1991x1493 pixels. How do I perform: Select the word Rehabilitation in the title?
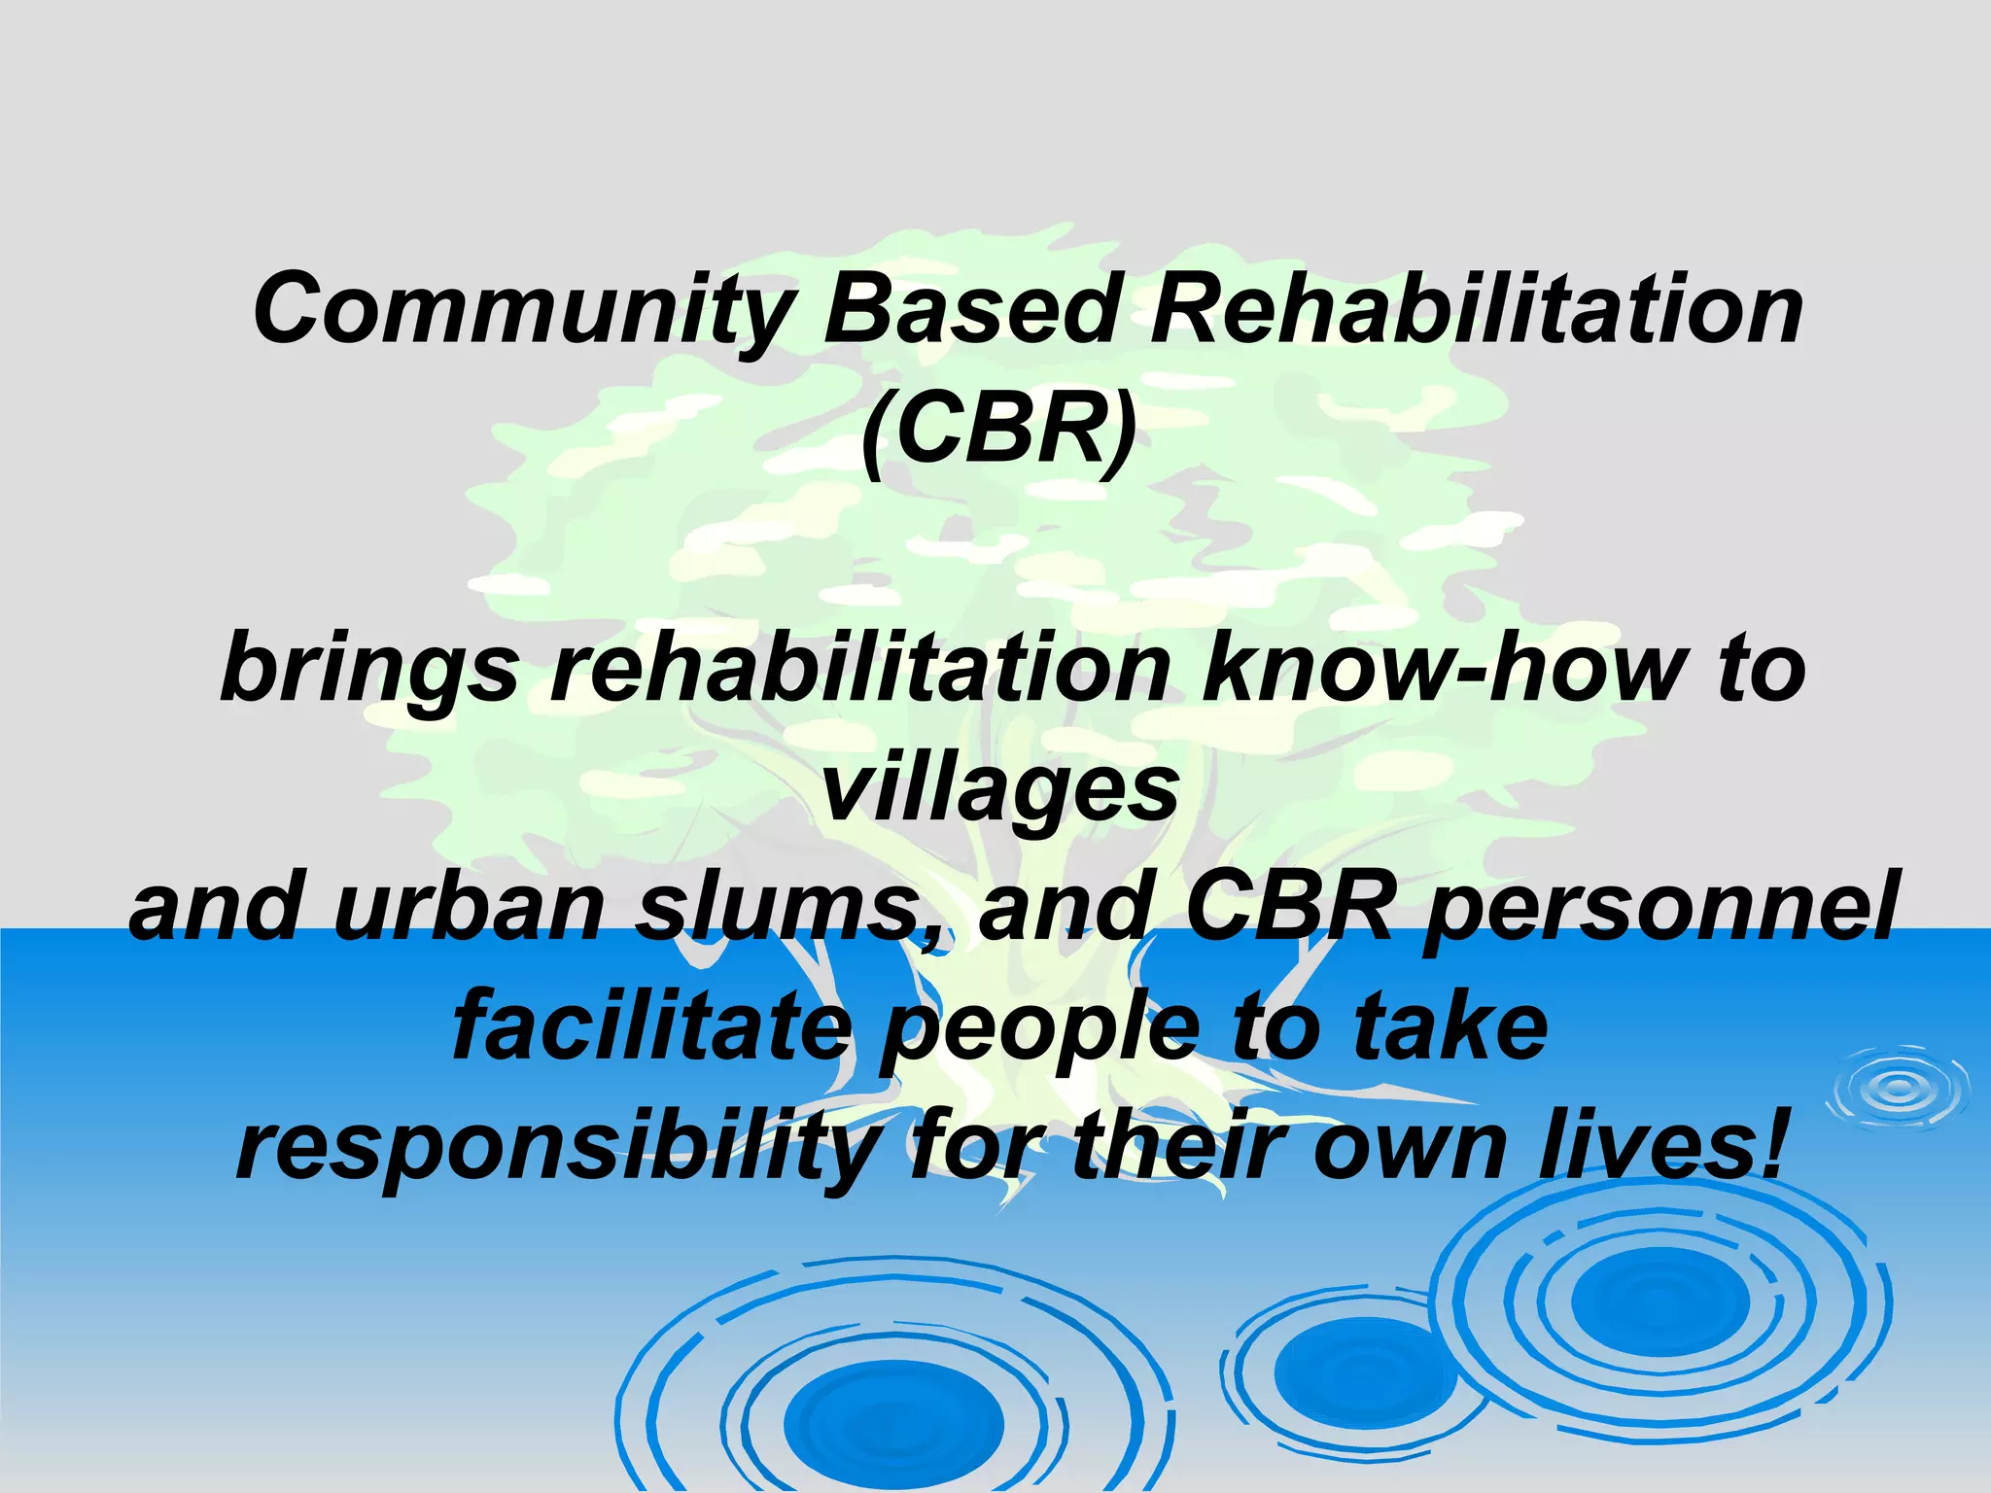1477,309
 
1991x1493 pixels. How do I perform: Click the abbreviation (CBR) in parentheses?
998,430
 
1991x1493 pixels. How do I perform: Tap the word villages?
1000,789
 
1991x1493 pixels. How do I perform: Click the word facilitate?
651,1028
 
